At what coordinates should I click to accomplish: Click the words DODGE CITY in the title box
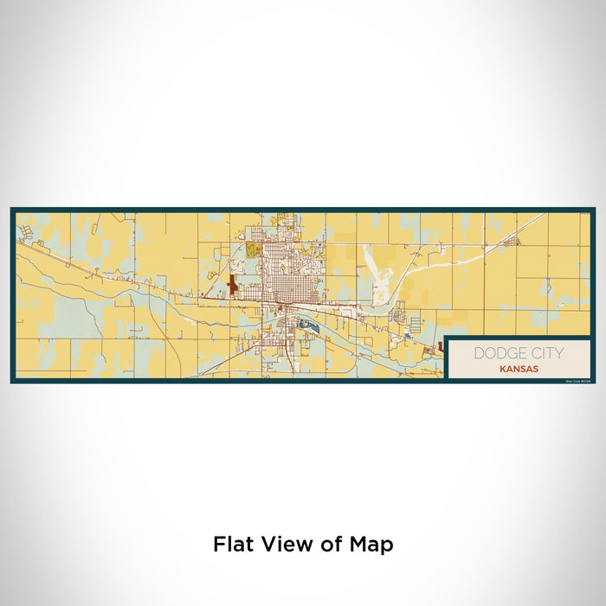pyautogui.click(x=518, y=353)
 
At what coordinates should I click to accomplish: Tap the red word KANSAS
pyautogui.click(x=518, y=368)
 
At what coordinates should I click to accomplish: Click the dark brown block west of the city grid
pyautogui.click(x=232, y=285)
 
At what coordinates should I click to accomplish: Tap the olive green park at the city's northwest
pyautogui.click(x=253, y=250)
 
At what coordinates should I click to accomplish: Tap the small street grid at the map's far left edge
pyautogui.click(x=26, y=231)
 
